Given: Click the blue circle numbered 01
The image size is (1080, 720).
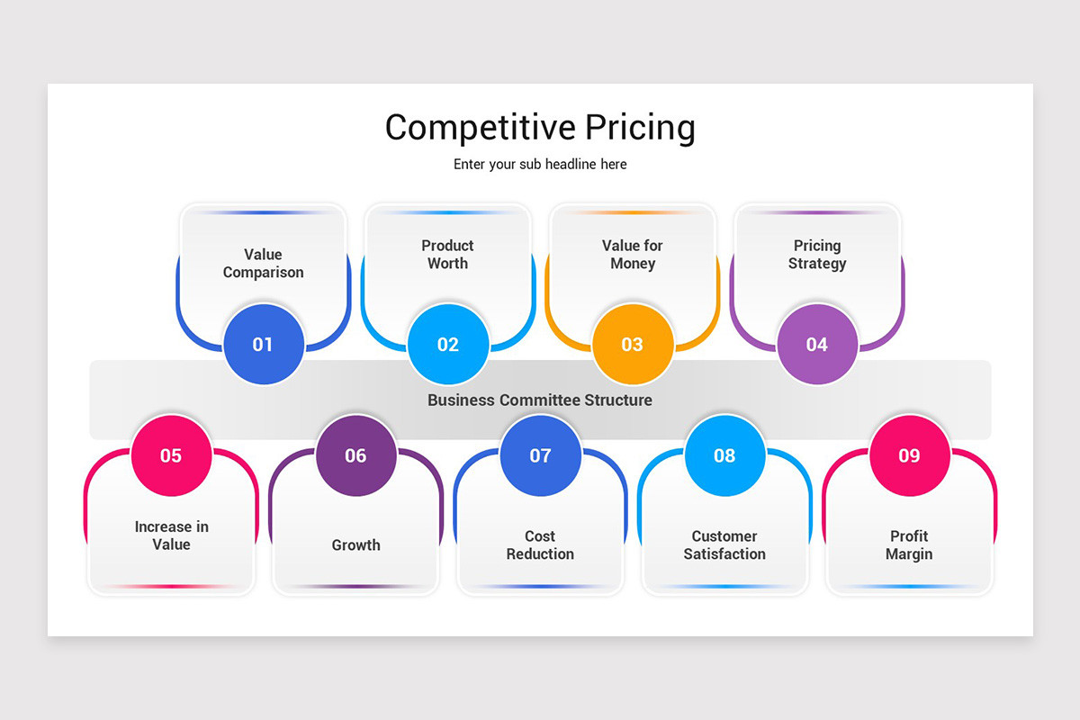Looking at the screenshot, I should tap(263, 344).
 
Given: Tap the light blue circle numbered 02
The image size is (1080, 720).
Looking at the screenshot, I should tap(448, 344).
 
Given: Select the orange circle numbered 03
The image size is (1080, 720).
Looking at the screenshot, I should tap(633, 344).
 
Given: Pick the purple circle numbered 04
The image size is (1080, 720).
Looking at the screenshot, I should tap(817, 344).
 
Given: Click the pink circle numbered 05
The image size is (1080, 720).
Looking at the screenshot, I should tap(171, 455).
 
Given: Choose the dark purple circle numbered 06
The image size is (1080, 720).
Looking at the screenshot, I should tap(355, 455).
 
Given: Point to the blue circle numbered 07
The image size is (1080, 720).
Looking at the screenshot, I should tap(540, 455).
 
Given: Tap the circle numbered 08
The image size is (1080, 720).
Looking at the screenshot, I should tap(724, 455).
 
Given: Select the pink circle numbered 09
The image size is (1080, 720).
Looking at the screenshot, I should tap(909, 455).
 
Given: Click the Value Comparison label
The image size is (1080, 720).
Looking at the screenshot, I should tap(263, 264).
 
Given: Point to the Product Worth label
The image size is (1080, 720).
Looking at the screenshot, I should tap(447, 255).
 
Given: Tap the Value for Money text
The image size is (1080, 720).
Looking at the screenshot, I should tap(633, 255).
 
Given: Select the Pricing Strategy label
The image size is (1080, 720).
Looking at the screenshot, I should tap(817, 255).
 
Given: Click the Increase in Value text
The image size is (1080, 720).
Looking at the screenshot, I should tap(171, 535).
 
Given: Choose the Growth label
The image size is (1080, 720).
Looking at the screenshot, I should tap(355, 545).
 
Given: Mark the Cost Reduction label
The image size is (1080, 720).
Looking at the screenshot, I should tap(540, 545).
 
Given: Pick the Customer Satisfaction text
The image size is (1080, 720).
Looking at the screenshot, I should tap(724, 545).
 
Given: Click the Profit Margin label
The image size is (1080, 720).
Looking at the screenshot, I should tap(909, 545).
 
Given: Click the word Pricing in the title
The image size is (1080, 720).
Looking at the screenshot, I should tap(640, 128).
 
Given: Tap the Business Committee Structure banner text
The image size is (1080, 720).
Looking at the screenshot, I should tap(540, 400).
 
